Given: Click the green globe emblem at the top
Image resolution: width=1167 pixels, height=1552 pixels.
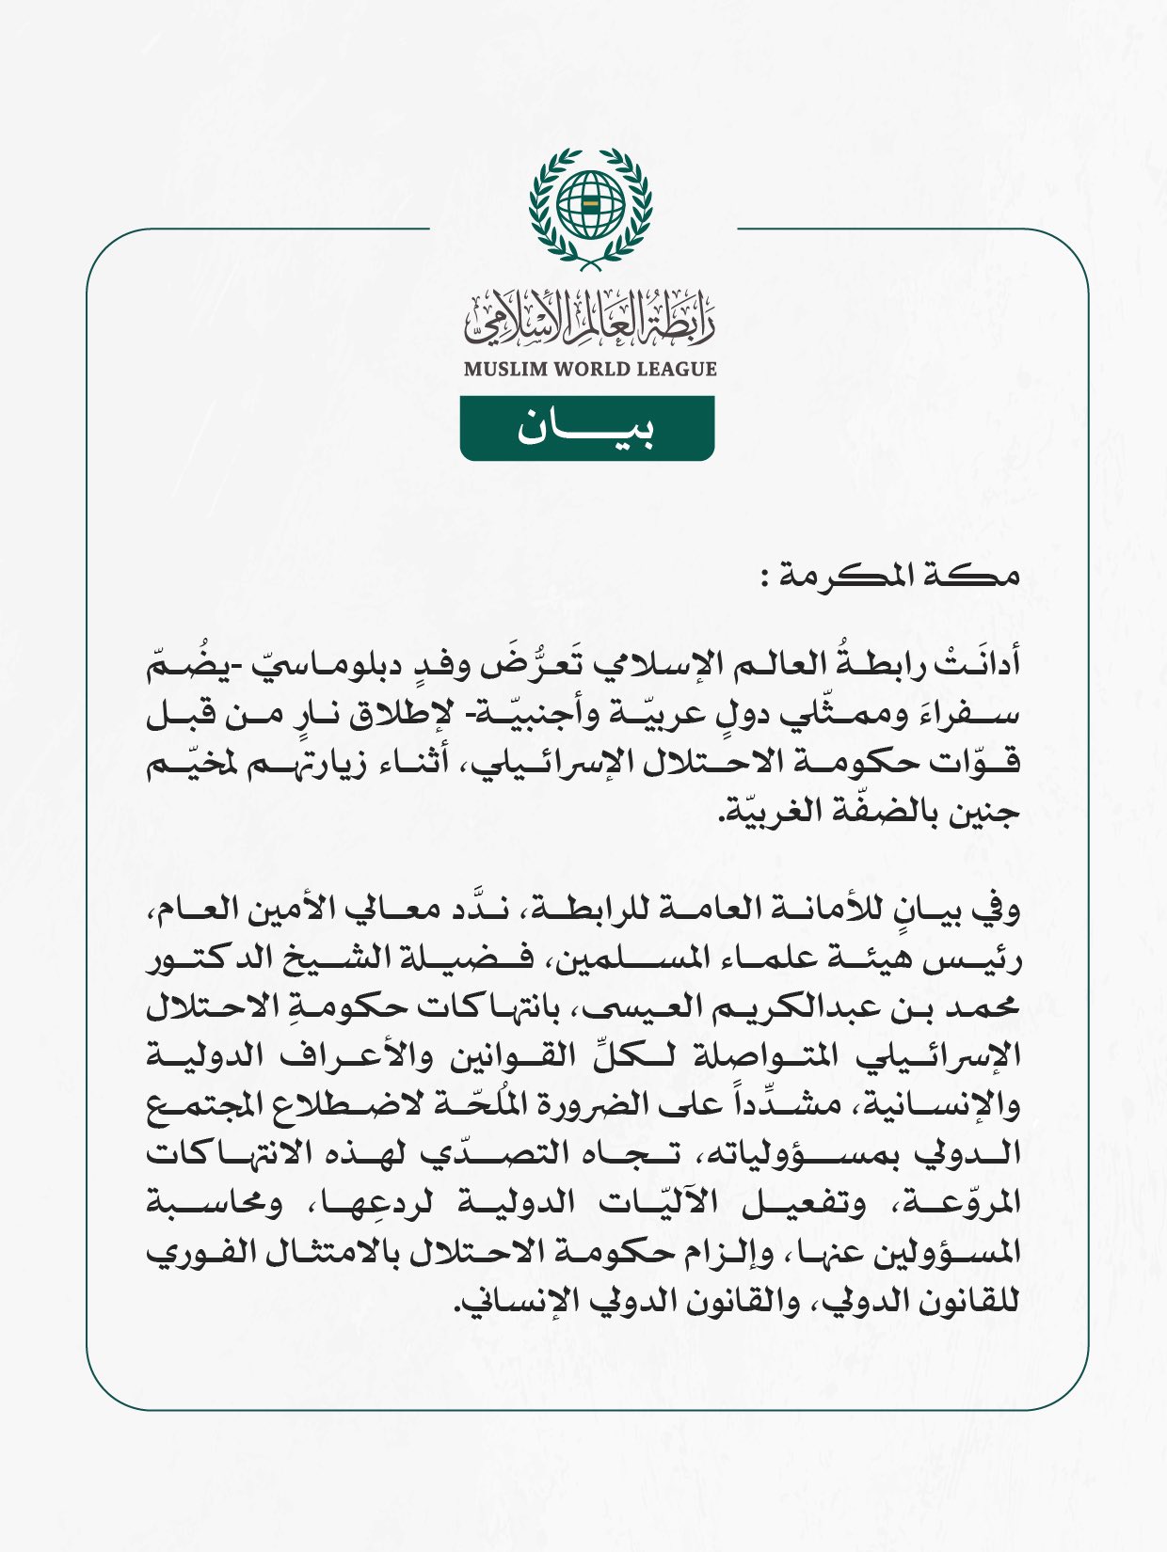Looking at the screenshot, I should tap(590, 204).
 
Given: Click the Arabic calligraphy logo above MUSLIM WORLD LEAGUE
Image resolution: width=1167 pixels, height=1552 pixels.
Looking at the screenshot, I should tap(590, 318).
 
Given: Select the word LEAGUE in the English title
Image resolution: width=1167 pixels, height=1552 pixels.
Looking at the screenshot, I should tap(677, 370).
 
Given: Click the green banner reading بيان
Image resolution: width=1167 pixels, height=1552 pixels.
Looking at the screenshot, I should tap(586, 429).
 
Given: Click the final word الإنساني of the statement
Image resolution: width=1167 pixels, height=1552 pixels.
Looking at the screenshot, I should tap(504, 1304).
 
